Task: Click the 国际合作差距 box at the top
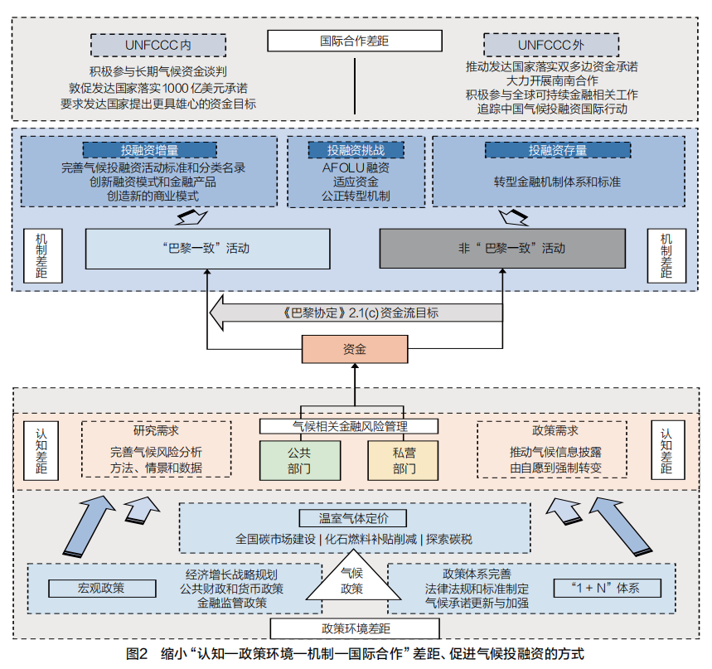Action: coord(355,41)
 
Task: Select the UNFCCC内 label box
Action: coord(158,45)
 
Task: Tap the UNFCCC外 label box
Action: coord(551,45)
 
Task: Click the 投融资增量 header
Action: coord(149,150)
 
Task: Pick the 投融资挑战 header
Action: coord(356,150)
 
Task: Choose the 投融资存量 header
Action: coord(558,150)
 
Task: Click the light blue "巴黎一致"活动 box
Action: coord(207,249)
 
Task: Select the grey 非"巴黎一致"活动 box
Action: coord(502,249)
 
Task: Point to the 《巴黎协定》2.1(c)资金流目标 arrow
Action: coord(356,313)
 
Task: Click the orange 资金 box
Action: coord(355,349)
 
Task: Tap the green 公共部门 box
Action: coord(300,460)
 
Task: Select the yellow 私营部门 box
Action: coord(403,460)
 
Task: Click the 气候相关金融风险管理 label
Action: coord(349,426)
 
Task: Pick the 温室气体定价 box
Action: coord(353,518)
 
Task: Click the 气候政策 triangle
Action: coord(353,579)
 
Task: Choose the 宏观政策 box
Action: coord(102,588)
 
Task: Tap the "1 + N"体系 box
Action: coord(607,588)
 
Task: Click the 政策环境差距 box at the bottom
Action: coord(355,628)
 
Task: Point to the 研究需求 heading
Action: coord(156,430)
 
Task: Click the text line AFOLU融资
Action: coord(356,168)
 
